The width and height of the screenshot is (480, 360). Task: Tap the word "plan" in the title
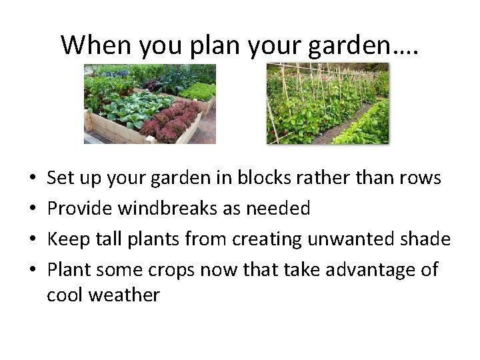click(203, 45)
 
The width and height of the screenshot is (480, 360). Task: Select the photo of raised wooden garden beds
click(150, 104)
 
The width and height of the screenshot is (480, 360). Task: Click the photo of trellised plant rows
click(327, 104)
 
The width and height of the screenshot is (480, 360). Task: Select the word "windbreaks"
click(167, 209)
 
